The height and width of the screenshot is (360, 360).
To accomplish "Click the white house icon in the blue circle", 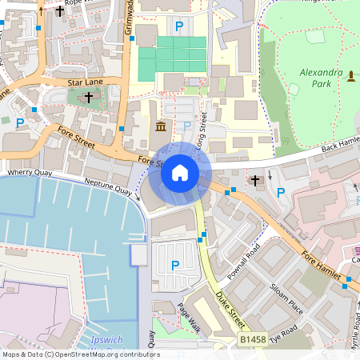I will point(180,173).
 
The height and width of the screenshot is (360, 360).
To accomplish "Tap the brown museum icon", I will point(161,126).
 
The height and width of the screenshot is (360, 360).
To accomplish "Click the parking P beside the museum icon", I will point(187,126).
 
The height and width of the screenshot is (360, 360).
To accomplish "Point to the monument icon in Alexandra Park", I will point(350,75).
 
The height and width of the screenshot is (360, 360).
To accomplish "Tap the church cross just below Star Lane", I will point(88,97).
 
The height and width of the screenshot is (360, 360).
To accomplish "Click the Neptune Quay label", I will point(113,191).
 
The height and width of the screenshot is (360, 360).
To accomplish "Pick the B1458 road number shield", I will point(253,340).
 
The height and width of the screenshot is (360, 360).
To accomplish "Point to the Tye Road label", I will point(284,334).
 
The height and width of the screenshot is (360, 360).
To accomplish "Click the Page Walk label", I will point(189,318).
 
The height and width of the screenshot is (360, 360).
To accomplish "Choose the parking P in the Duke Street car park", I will point(175,265).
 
